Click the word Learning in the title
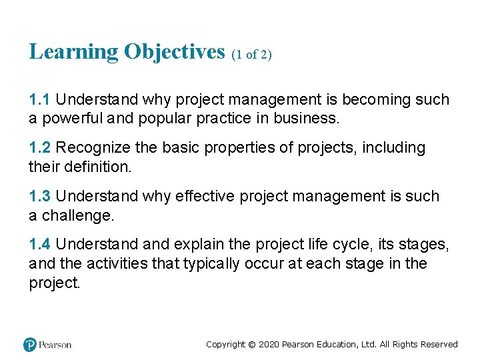[x=74, y=52]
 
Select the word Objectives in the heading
[x=175, y=52]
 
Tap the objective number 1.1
[x=39, y=100]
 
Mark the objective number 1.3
[x=39, y=197]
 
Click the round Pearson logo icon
[x=29, y=345]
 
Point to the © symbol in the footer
[x=252, y=345]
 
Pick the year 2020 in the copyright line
[x=269, y=345]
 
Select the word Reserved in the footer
[x=439, y=345]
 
